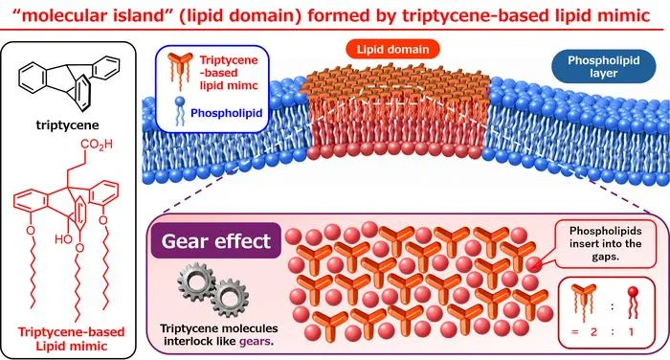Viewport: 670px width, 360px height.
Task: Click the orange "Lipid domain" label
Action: pos(392,49)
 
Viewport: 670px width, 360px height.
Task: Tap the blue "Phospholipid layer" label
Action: pos(603,66)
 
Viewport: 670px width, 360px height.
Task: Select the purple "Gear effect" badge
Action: pos(215,241)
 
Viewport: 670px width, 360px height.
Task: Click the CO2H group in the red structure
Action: pos(97,145)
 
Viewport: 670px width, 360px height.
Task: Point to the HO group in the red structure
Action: pos(63,238)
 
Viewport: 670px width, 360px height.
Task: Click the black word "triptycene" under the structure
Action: pos(68,125)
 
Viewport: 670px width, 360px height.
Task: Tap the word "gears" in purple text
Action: pos(255,341)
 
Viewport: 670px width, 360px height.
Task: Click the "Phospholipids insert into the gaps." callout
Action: pos(606,244)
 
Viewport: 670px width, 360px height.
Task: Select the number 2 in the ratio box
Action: pos(593,331)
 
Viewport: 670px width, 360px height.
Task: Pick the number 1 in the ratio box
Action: pos(631,331)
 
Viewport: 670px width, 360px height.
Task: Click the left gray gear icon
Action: pos(196,281)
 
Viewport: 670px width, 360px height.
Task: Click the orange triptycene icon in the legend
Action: pos(180,70)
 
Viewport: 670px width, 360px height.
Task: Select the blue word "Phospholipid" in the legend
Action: pos(227,113)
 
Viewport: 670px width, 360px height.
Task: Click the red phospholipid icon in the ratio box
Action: pos(633,303)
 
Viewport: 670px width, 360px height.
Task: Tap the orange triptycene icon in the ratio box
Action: pos(584,302)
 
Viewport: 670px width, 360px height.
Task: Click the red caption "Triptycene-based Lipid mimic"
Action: pos(72,339)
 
